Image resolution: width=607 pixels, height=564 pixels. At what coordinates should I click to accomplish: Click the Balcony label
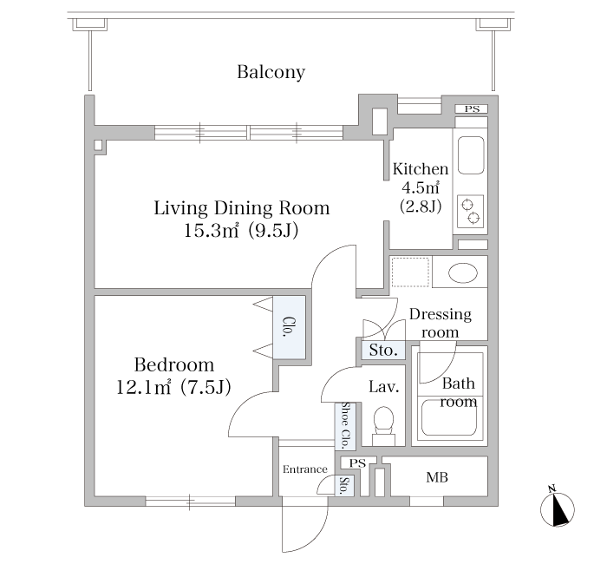(x=271, y=72)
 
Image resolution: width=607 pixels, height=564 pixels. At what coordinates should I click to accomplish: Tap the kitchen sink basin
(x=471, y=155)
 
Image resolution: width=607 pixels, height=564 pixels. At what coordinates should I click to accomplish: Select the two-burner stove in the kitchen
(x=470, y=211)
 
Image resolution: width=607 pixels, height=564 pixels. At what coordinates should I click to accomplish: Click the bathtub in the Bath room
(x=449, y=417)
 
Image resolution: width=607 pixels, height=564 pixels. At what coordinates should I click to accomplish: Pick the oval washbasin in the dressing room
(x=462, y=272)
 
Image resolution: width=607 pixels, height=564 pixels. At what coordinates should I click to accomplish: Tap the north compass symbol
(x=557, y=507)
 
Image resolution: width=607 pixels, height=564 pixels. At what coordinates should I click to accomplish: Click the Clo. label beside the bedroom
(x=289, y=327)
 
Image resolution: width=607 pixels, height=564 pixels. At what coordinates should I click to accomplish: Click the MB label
(x=437, y=477)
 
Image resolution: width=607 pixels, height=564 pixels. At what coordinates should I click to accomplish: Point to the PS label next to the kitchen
(x=472, y=108)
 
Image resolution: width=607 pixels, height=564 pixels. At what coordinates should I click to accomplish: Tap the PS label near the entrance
(x=357, y=463)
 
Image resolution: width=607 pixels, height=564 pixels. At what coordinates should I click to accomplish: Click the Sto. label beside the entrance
(x=343, y=486)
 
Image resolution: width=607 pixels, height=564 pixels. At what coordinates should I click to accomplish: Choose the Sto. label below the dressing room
(x=383, y=351)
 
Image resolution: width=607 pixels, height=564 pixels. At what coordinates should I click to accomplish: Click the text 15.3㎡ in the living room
(x=211, y=231)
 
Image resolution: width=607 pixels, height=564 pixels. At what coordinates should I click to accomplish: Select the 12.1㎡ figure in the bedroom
(x=144, y=387)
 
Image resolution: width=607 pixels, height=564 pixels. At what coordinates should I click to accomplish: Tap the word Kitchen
(x=421, y=169)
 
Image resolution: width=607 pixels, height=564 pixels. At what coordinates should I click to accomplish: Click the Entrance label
(x=305, y=469)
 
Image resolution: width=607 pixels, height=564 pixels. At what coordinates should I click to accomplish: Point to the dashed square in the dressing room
(x=410, y=272)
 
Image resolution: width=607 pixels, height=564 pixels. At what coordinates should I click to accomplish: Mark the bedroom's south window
(x=191, y=502)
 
